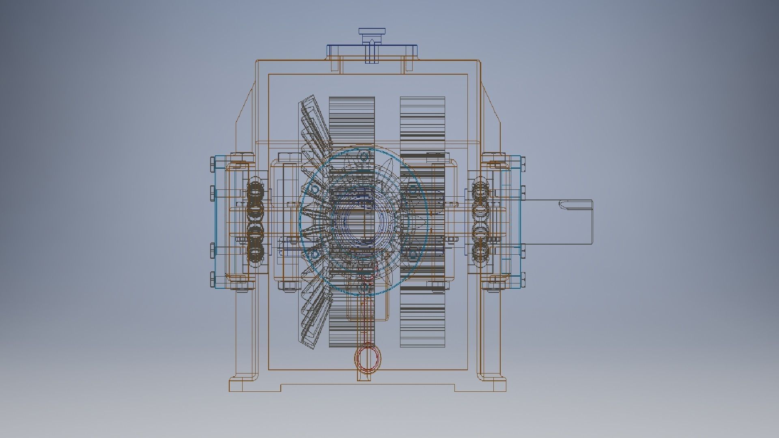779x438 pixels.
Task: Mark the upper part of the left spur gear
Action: [x=351, y=122]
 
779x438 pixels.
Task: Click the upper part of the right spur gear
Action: [x=422, y=122]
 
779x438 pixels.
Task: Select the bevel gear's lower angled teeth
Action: [x=312, y=320]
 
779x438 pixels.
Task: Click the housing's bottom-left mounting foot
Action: [x=243, y=385]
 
